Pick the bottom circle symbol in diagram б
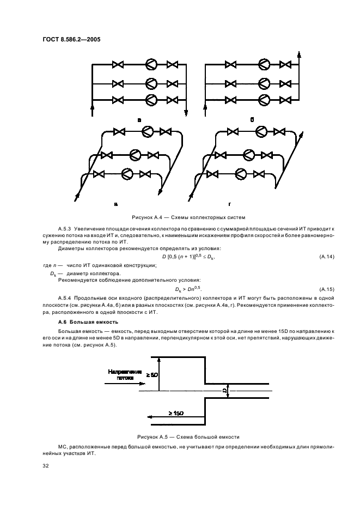[264, 100]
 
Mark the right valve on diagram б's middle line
[285, 83]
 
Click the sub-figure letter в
[116, 204]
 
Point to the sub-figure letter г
[230, 204]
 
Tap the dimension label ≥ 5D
[152, 375]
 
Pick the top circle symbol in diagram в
[147, 131]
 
